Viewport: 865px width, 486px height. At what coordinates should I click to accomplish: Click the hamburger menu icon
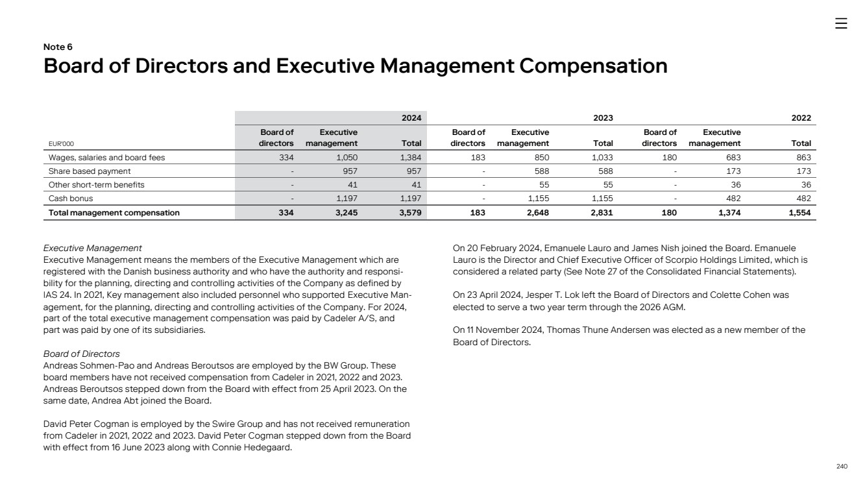click(x=841, y=23)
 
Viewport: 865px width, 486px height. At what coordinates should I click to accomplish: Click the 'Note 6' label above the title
click(x=58, y=47)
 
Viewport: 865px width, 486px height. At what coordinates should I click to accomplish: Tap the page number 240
click(x=842, y=466)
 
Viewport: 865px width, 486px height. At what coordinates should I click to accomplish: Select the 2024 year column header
click(x=411, y=118)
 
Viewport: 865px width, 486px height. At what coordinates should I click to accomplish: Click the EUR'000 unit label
click(x=61, y=144)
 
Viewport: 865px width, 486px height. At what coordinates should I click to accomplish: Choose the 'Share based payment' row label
click(x=90, y=171)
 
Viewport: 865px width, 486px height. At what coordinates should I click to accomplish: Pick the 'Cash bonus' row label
click(x=72, y=199)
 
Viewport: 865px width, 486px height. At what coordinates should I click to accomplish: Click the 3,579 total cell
click(x=409, y=212)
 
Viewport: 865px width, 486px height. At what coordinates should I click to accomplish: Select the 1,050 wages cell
click(x=347, y=157)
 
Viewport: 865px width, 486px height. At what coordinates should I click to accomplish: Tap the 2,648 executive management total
click(x=537, y=212)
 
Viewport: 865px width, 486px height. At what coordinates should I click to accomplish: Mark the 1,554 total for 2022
click(x=799, y=212)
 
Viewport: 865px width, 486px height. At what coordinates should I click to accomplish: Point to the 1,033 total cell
click(x=602, y=157)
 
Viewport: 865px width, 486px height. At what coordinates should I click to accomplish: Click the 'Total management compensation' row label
click(x=114, y=212)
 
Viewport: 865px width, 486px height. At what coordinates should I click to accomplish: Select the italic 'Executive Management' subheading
click(x=92, y=248)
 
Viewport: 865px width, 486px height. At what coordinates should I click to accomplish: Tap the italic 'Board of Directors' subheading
click(x=81, y=354)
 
